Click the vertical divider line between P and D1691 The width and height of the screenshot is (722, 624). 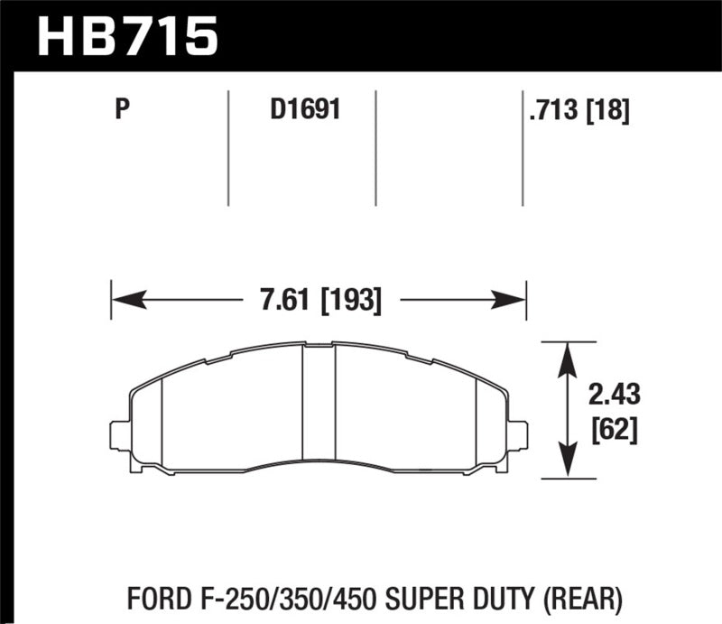coord(228,149)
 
